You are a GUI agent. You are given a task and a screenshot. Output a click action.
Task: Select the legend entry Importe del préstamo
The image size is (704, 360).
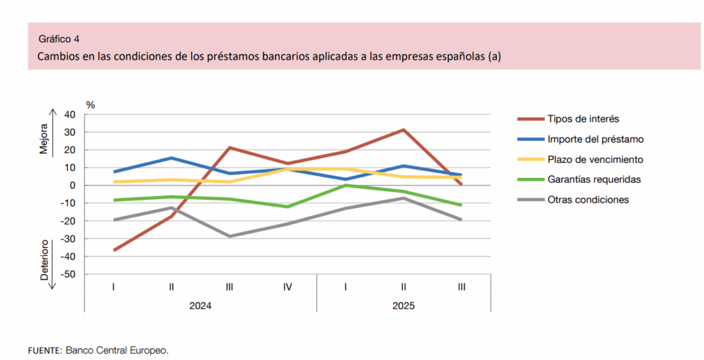click(x=595, y=139)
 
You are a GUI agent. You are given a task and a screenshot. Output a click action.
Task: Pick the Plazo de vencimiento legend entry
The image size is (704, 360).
click(x=595, y=159)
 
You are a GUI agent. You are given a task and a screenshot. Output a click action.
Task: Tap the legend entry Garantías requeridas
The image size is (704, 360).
click(x=595, y=179)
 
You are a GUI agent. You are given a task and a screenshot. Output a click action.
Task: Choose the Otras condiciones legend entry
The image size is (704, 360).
click(x=588, y=200)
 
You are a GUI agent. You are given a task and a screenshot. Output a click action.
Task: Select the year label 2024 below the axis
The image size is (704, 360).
click(x=200, y=306)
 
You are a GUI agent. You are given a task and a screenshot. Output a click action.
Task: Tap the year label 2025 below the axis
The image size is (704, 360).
click(x=404, y=306)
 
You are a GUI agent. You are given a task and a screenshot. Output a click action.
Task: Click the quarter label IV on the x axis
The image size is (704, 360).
click(x=287, y=286)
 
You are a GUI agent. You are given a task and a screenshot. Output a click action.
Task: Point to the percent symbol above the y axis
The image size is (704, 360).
click(x=90, y=104)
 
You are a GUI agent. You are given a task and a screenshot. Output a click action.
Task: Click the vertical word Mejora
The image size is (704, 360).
click(x=44, y=139)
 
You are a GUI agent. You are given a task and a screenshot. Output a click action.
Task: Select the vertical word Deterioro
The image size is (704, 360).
click(x=44, y=260)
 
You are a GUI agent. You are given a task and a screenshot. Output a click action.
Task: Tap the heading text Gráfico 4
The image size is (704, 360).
click(x=58, y=38)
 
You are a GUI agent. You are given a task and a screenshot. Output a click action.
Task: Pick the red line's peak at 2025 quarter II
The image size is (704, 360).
click(x=404, y=130)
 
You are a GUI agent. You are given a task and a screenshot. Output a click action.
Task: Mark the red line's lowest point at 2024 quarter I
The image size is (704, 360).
click(x=113, y=250)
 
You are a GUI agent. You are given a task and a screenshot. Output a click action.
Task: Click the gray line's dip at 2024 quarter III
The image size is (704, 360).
click(x=229, y=236)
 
